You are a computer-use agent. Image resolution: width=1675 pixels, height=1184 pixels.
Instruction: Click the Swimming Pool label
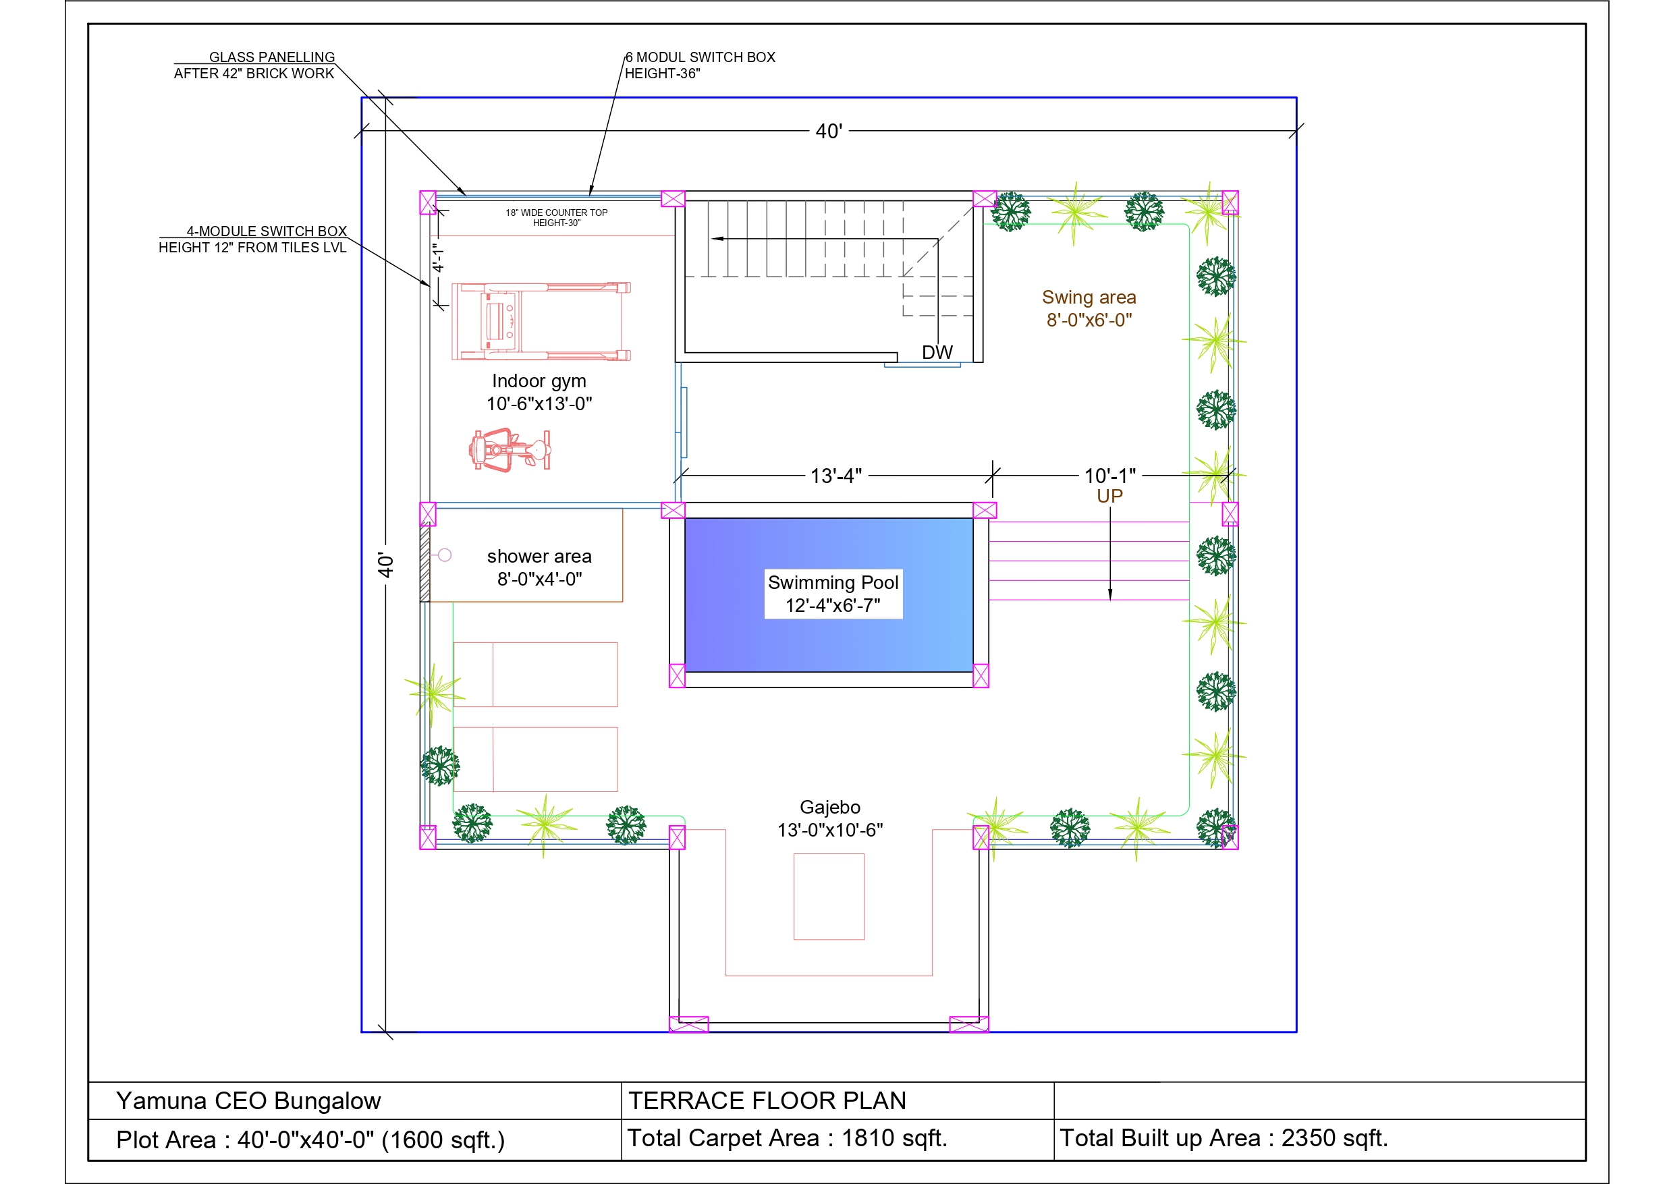(x=833, y=594)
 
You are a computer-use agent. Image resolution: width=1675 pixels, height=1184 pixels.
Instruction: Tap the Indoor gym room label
(x=539, y=392)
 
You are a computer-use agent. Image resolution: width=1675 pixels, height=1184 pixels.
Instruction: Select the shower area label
(x=539, y=567)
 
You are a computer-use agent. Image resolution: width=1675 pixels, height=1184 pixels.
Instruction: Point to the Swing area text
(x=1089, y=308)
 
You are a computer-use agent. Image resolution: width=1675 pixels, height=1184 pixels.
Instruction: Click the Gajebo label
(x=830, y=818)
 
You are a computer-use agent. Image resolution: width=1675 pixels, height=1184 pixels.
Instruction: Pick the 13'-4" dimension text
(x=836, y=476)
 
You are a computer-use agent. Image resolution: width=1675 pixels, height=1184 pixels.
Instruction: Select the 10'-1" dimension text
(x=1109, y=476)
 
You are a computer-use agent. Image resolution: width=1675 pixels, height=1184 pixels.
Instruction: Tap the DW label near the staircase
(x=937, y=352)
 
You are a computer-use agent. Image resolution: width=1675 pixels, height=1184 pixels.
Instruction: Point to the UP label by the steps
(x=1109, y=496)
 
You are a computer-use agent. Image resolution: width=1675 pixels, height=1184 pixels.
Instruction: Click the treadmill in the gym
(x=541, y=321)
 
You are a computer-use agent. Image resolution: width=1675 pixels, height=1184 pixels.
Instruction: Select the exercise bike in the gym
(x=510, y=449)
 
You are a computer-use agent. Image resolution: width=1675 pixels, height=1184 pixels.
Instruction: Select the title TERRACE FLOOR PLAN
(x=767, y=1101)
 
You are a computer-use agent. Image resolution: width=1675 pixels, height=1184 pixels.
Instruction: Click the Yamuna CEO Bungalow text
(x=249, y=1101)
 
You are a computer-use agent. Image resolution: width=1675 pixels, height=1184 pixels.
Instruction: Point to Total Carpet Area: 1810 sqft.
(x=788, y=1138)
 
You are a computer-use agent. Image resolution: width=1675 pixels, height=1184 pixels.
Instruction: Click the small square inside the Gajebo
(x=829, y=897)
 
